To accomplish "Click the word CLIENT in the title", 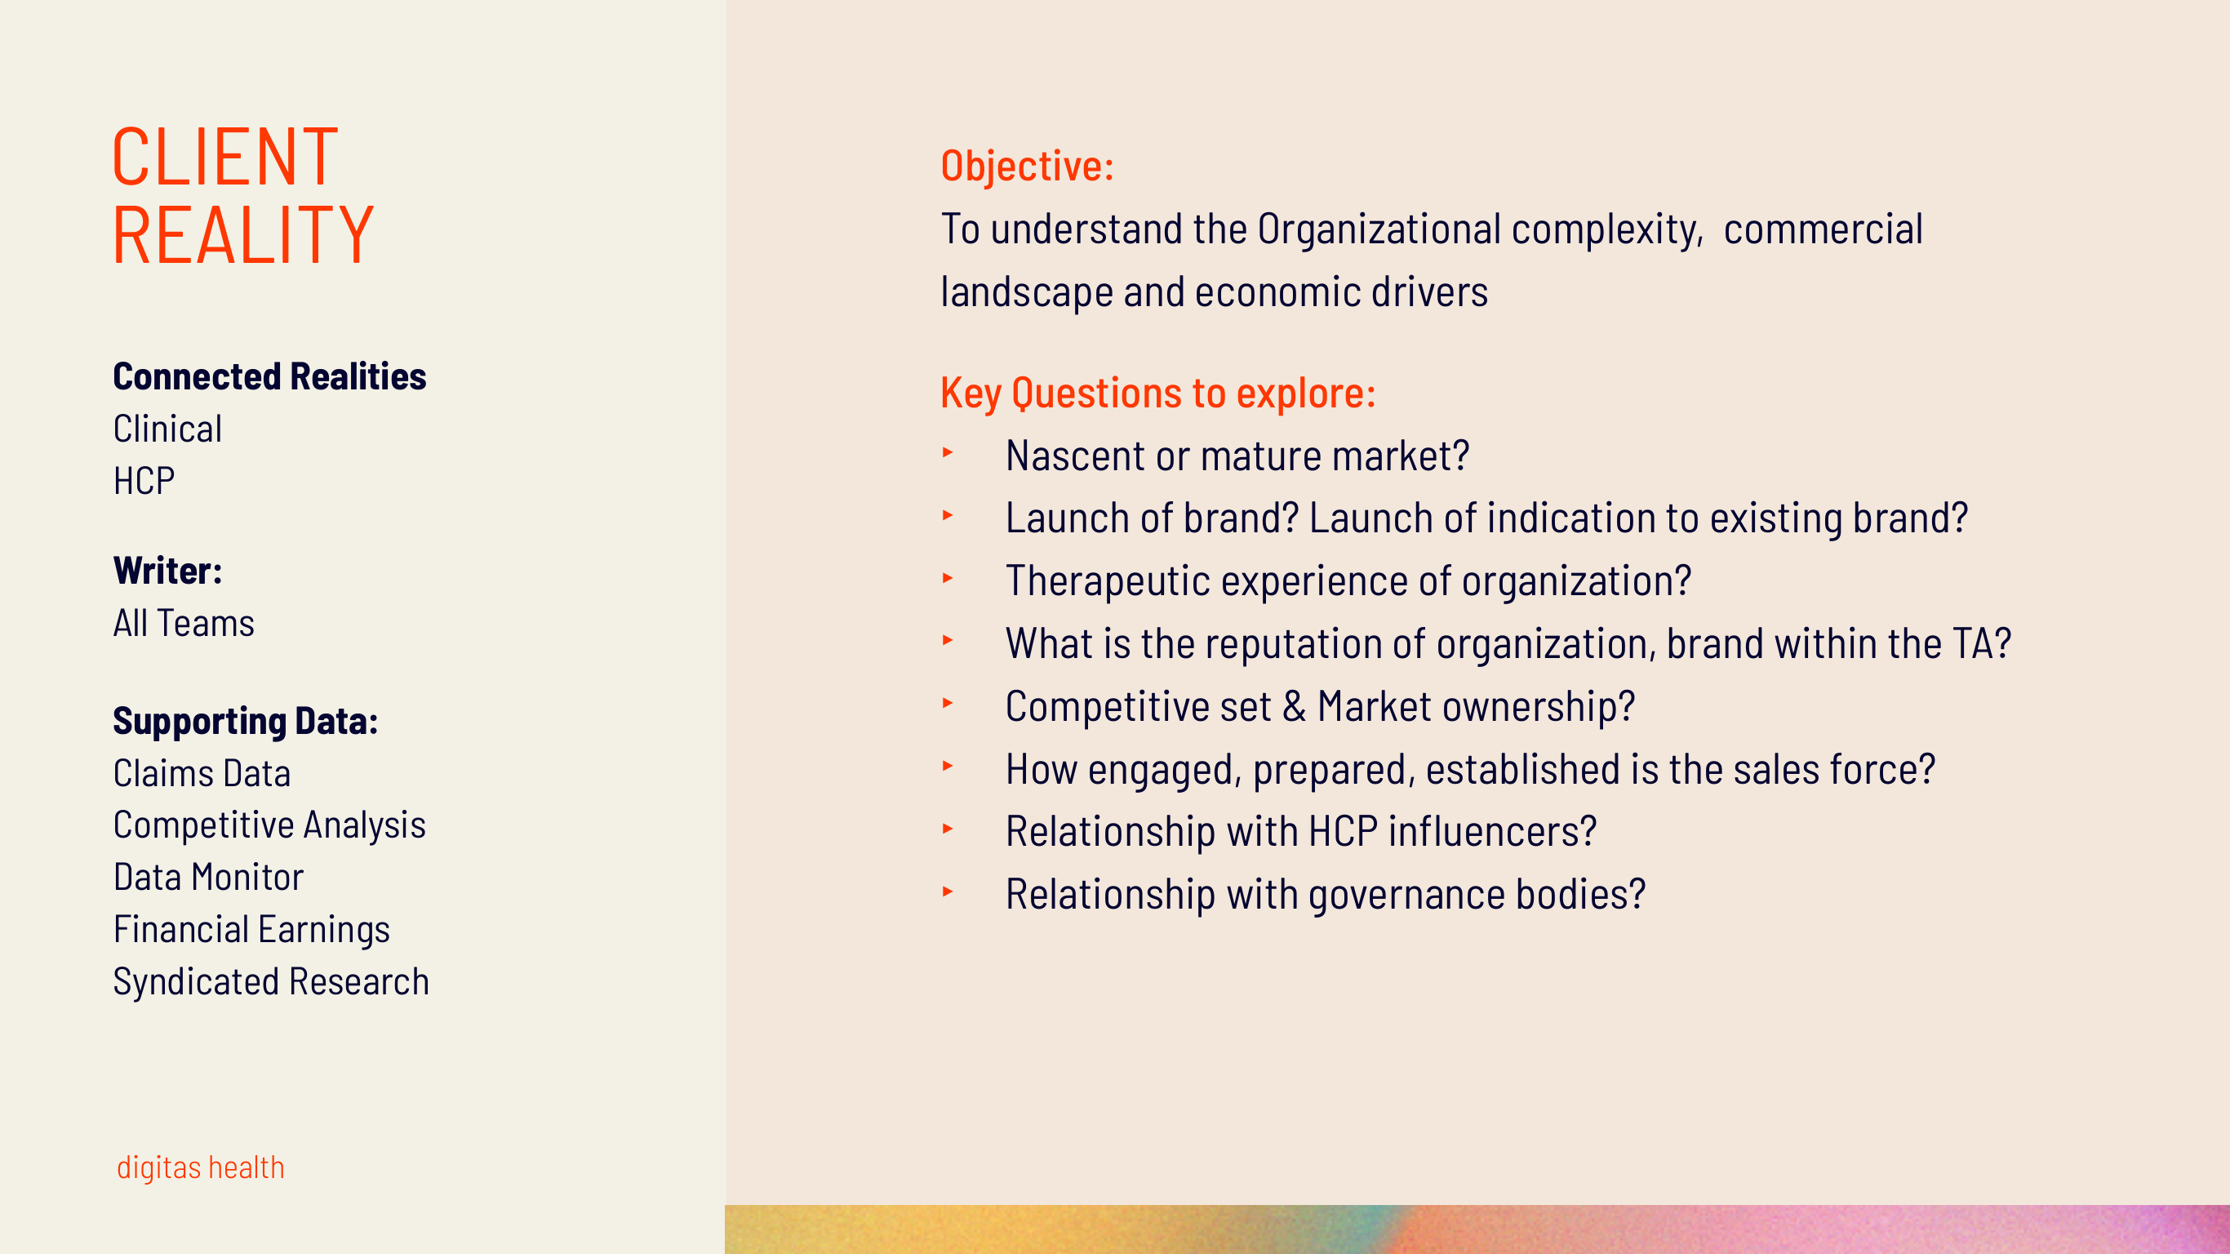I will tap(224, 158).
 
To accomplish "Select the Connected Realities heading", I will tap(269, 376).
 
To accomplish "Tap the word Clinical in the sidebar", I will tap(167, 429).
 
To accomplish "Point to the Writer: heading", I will tap(167, 571).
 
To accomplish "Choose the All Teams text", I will tap(184, 624).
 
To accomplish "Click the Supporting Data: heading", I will tap(245, 722).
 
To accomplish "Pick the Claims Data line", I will tap(202, 773).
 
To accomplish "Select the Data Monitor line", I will tap(208, 878).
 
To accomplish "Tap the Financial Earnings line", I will tap(251, 929).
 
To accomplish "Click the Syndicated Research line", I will tap(271, 982).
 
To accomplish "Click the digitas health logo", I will tap(200, 1167).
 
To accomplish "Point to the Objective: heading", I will tap(1027, 167).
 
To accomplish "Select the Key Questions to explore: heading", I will tap(1157, 394).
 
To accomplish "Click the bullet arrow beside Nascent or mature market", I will tap(948, 453).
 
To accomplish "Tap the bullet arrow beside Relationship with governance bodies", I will tap(948, 892).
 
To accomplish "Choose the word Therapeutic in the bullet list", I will tap(1107, 580).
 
